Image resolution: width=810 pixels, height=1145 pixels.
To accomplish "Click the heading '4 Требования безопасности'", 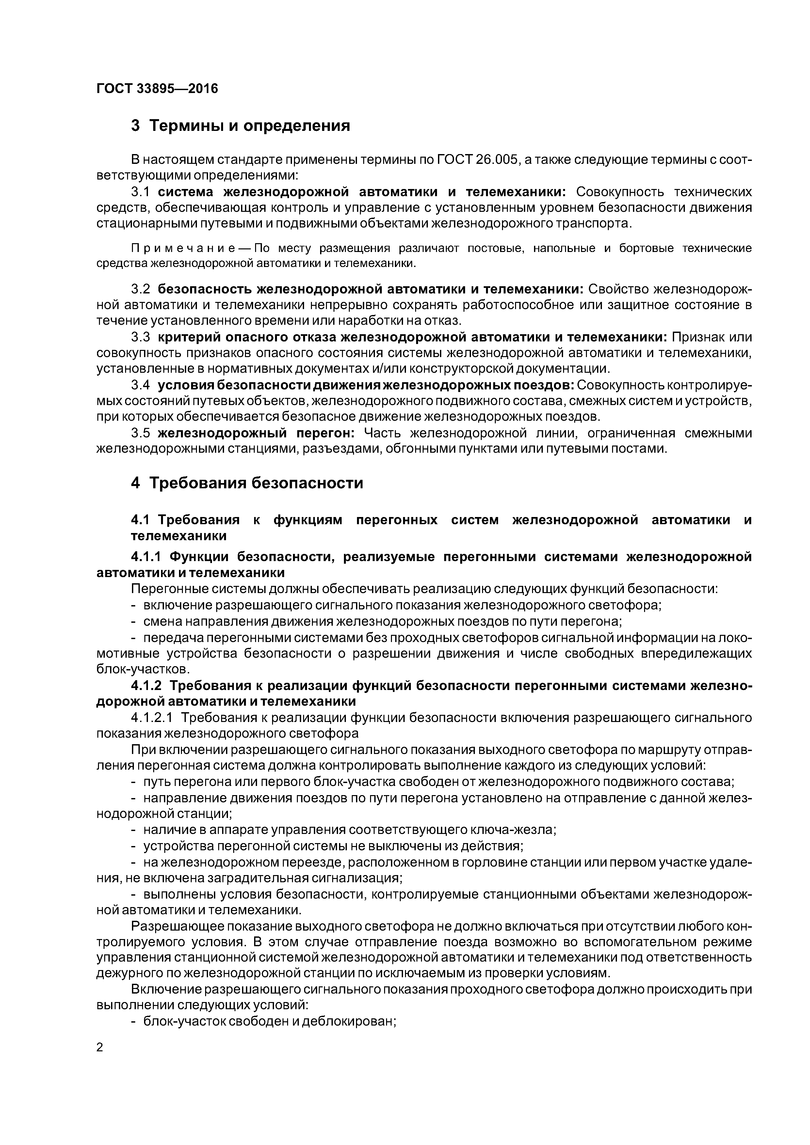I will tap(247, 483).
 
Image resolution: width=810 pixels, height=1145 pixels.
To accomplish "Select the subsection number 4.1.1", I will tap(146, 557).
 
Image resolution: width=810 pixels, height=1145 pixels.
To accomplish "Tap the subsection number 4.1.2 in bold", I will tap(146, 686).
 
